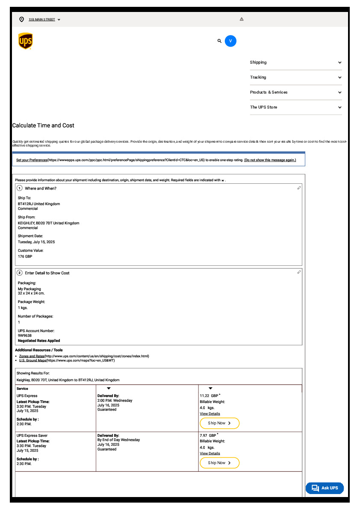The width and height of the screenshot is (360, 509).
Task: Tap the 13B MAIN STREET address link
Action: tap(42, 20)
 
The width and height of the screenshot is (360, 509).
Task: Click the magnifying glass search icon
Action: tap(219, 41)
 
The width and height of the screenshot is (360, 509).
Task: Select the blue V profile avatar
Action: tap(230, 41)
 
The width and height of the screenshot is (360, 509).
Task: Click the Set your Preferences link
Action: tap(32, 160)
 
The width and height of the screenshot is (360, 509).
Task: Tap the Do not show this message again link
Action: tap(270, 160)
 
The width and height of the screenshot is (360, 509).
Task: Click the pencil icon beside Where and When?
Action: tap(299, 188)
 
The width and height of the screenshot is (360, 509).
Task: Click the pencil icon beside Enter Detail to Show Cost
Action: tap(299, 272)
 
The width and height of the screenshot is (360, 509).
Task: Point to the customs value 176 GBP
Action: tap(25, 256)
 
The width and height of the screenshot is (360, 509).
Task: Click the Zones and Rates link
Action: tap(32, 356)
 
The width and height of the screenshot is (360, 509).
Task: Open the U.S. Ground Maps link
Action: tap(32, 360)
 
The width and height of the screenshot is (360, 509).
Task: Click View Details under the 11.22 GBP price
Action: tap(210, 414)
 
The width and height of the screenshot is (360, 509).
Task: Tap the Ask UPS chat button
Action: tap(325, 488)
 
